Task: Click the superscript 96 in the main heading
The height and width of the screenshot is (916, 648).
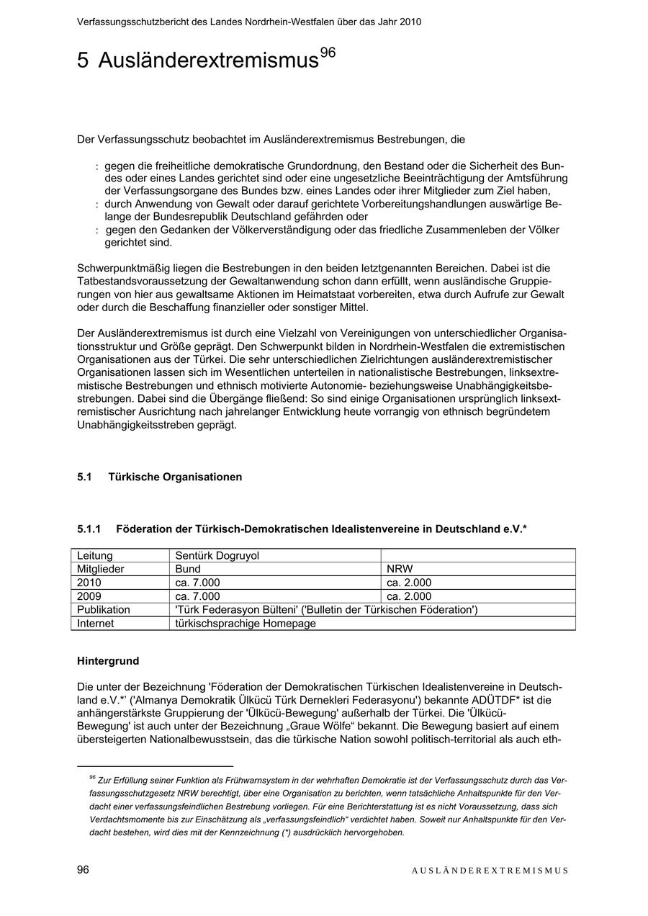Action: coord(328,53)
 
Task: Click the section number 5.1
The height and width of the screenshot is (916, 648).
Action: coord(85,477)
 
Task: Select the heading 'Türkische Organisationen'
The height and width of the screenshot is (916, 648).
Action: coord(175,477)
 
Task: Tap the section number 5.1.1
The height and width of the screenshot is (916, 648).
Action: coord(89,529)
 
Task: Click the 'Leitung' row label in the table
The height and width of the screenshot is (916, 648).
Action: coord(95,556)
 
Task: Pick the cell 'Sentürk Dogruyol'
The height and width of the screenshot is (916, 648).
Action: coord(217,556)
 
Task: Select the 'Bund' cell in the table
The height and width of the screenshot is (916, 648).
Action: coord(188,569)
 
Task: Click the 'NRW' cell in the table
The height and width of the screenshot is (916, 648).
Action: coord(400,569)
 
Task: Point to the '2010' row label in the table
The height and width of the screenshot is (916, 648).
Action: coord(89,583)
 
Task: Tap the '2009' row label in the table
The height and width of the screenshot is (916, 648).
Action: coord(89,596)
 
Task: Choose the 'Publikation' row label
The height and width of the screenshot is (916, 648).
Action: coord(104,610)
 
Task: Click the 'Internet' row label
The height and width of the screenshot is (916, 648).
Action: coord(96,624)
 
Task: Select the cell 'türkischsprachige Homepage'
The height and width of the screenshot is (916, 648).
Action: coord(246,624)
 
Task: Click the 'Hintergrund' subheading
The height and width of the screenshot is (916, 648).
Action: coord(108,661)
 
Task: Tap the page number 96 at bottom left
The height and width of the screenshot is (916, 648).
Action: coord(83,870)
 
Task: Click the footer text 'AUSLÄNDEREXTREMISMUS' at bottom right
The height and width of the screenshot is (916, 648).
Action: coord(490,871)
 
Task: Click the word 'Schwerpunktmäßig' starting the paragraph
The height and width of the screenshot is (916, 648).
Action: coord(122,269)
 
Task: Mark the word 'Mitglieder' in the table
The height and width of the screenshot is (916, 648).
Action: coord(101,569)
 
